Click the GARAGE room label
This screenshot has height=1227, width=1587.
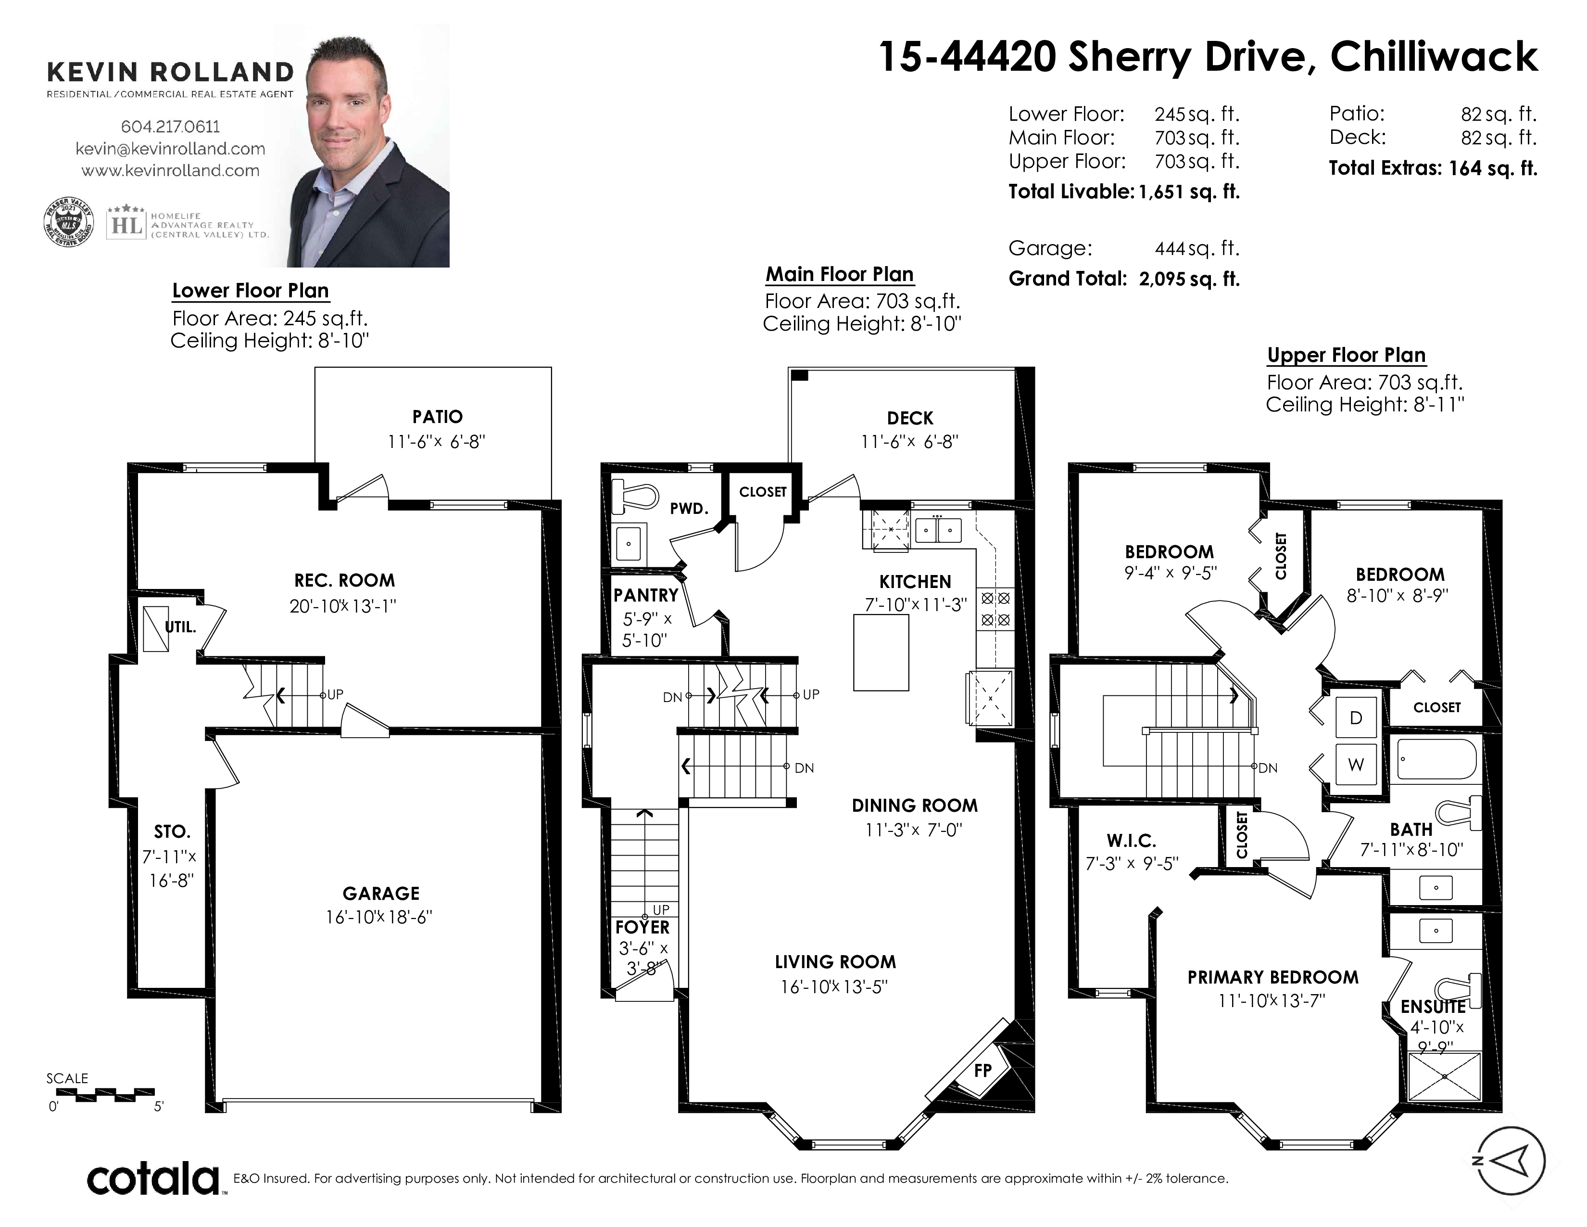[381, 894]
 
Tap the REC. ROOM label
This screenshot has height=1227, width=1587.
[344, 580]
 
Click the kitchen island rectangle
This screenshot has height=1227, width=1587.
[881, 652]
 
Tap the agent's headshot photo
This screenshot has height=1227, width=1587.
[362, 145]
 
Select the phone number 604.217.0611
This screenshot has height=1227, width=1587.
[170, 127]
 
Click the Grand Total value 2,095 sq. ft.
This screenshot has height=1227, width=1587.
[1189, 279]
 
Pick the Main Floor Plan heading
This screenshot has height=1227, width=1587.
[839, 275]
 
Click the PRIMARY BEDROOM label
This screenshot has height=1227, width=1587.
[1273, 977]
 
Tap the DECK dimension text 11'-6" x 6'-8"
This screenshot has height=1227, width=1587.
[910, 441]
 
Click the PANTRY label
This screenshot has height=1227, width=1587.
[645, 595]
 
